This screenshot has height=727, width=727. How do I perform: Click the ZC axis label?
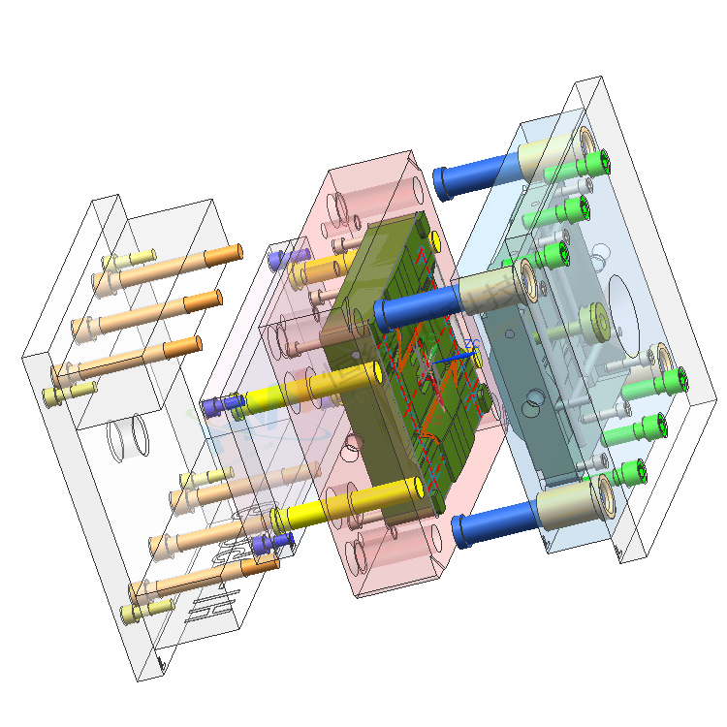coord(472,343)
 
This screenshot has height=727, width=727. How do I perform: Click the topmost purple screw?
coord(278,259)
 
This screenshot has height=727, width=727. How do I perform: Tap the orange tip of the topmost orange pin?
coord(223,254)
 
